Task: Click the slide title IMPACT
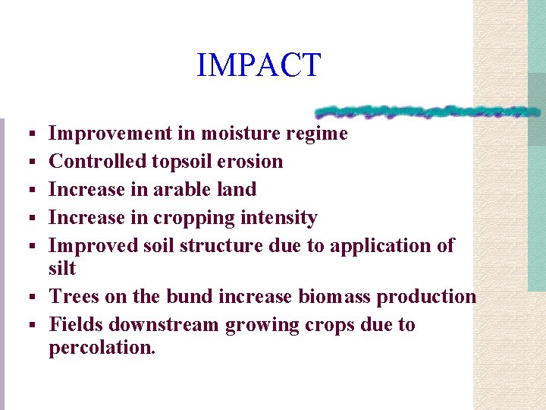coord(259,65)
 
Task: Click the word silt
coord(62,268)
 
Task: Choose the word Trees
coord(71,297)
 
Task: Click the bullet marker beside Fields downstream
coord(33,326)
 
